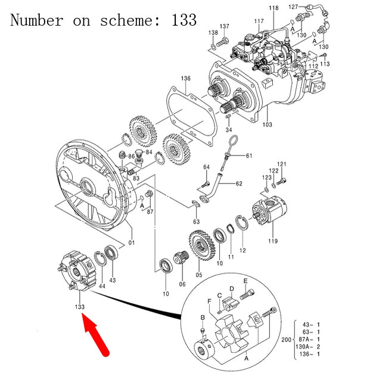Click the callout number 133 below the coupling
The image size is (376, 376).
(x=79, y=307)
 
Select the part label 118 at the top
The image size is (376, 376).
(x=273, y=8)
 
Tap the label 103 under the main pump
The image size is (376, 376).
(x=267, y=125)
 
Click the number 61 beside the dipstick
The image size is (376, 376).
(x=249, y=156)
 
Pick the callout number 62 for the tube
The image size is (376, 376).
(x=239, y=184)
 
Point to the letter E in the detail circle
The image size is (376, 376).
(x=245, y=281)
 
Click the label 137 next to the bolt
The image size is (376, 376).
(x=224, y=27)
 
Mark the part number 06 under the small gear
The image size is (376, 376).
(x=182, y=284)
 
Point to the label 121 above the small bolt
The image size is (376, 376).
(x=282, y=164)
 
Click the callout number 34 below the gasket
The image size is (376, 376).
(x=229, y=130)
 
